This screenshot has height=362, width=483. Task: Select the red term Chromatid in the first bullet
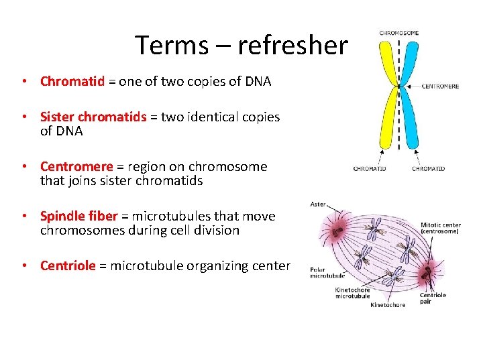pyautogui.click(x=72, y=82)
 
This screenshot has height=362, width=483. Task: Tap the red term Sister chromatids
pyautogui.click(x=93, y=117)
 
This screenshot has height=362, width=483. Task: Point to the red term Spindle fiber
pyautogui.click(x=78, y=217)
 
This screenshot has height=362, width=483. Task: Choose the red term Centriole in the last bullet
pyautogui.click(x=68, y=266)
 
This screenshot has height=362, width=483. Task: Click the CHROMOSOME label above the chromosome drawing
pyautogui.click(x=399, y=32)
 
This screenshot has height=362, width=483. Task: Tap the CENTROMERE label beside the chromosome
pyautogui.click(x=440, y=86)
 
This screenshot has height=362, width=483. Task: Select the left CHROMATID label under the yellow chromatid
pyautogui.click(x=370, y=168)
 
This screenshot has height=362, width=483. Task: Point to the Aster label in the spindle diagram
pyautogui.click(x=318, y=204)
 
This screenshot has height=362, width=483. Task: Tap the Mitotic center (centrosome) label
pyautogui.click(x=440, y=229)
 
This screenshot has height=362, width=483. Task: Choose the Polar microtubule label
pyautogui.click(x=327, y=272)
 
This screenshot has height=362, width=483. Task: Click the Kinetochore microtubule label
pyautogui.click(x=352, y=293)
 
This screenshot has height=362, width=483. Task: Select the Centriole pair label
pyautogui.click(x=433, y=298)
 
